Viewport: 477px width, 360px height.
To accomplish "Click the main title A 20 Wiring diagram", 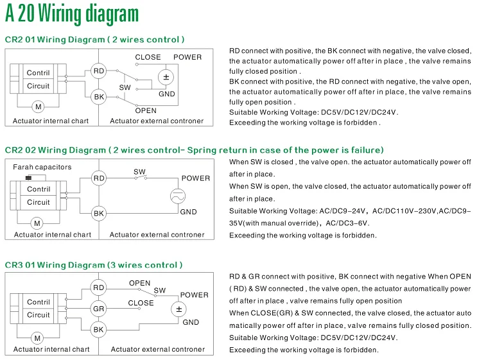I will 71,14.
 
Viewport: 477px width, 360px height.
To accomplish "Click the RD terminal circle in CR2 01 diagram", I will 99,71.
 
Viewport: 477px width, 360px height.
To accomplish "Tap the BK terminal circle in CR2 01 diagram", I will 99,97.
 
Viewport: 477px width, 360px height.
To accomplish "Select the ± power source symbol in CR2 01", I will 166,78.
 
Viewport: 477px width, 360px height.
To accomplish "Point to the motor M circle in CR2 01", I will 38,107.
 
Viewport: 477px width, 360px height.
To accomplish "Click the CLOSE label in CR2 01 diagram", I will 148,57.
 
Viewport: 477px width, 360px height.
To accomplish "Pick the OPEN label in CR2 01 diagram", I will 146,110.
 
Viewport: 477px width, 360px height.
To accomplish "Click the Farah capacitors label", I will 42,167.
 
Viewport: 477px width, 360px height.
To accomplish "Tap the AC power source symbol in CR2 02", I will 178,197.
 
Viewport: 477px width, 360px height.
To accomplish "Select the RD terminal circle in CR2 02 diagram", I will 99,178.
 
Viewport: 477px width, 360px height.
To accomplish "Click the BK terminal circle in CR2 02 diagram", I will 99,213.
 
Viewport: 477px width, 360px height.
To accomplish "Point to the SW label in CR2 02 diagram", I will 139,171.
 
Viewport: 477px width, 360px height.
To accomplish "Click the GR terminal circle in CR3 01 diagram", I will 98,309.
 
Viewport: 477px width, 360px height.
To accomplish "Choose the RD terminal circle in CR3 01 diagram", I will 98,288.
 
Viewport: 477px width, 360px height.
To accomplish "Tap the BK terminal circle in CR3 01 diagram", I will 98,329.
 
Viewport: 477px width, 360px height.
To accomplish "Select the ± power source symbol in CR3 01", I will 179,309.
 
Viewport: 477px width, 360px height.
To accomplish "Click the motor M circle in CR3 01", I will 37,338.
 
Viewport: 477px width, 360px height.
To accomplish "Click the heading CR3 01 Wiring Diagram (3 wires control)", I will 94,265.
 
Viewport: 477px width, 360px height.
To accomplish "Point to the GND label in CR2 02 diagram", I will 188,212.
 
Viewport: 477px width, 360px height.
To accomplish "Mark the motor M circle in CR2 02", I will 37,223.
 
